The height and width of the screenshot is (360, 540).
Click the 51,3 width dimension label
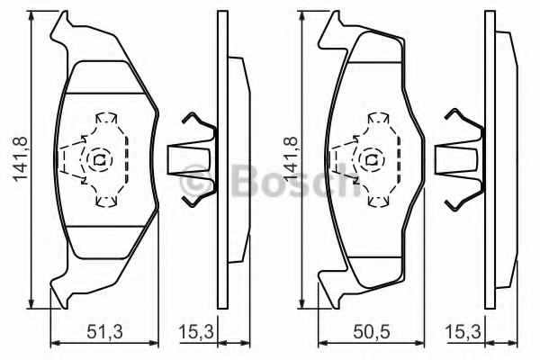tap(104, 332)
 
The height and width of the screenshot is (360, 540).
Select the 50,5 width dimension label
tap(372, 332)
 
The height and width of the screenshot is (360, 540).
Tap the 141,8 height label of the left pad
tap(21, 158)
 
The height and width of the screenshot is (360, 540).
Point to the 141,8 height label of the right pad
tap(291, 158)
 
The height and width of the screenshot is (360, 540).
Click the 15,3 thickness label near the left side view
tap(196, 332)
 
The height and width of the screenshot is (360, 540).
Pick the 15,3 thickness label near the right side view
tap(463, 332)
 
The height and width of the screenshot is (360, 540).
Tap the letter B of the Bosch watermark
tap(246, 180)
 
